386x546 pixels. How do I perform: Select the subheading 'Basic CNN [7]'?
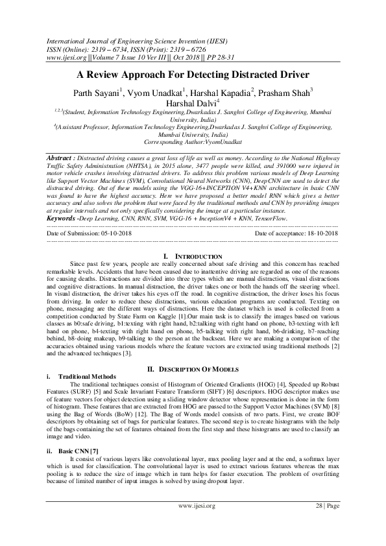coord(78,449)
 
